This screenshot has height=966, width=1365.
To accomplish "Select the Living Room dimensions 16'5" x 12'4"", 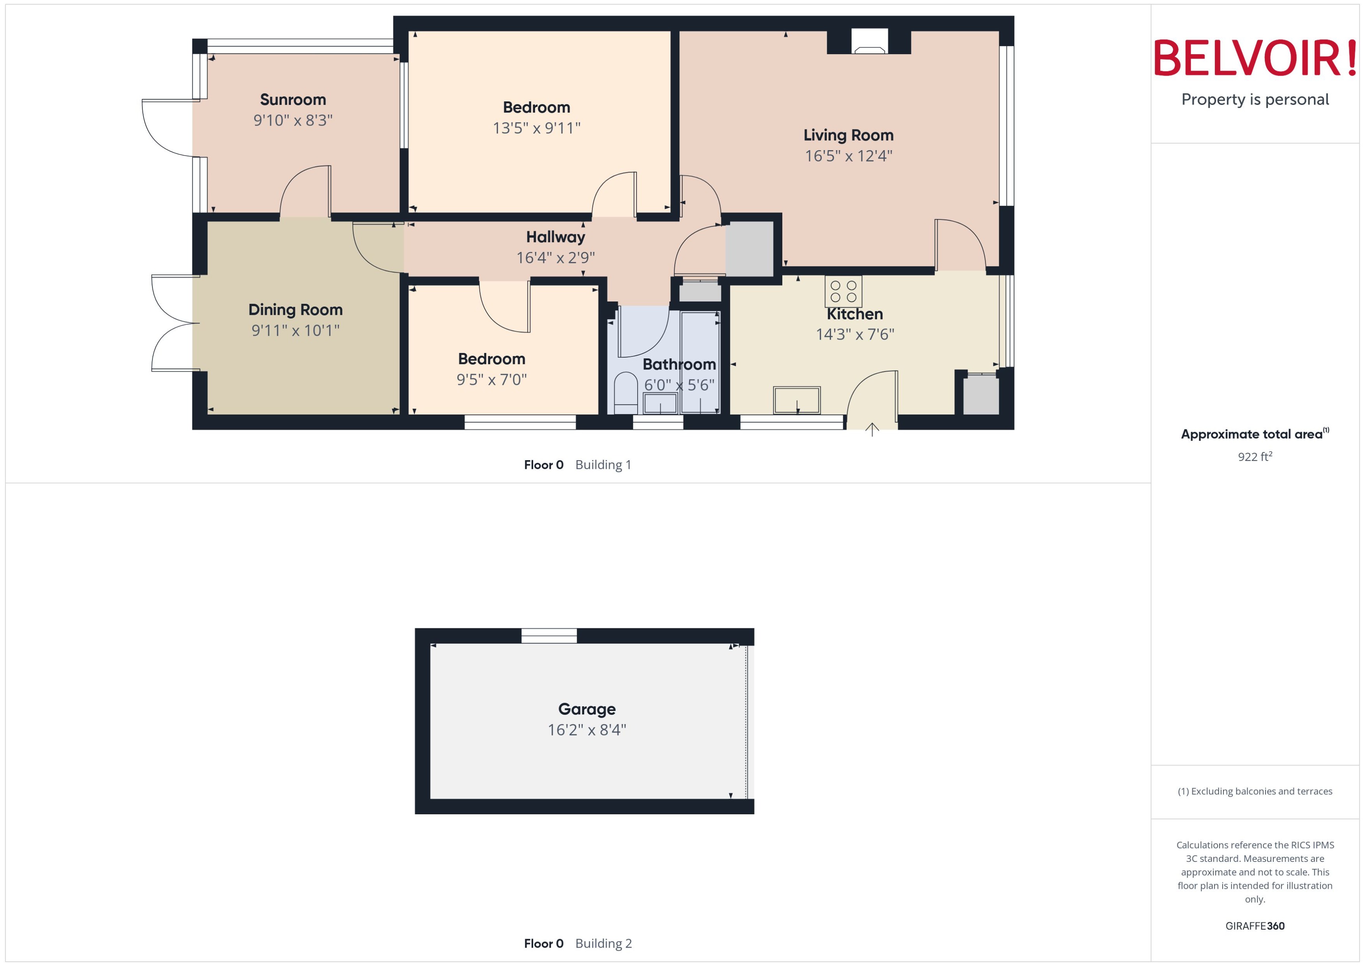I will [x=848, y=156].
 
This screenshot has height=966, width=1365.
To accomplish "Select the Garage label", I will [x=587, y=709].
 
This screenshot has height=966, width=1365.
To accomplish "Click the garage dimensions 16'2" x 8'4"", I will [x=587, y=730].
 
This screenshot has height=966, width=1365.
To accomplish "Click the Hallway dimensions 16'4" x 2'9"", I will [x=555, y=257].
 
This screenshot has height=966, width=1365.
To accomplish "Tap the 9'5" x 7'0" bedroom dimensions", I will [x=491, y=379].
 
